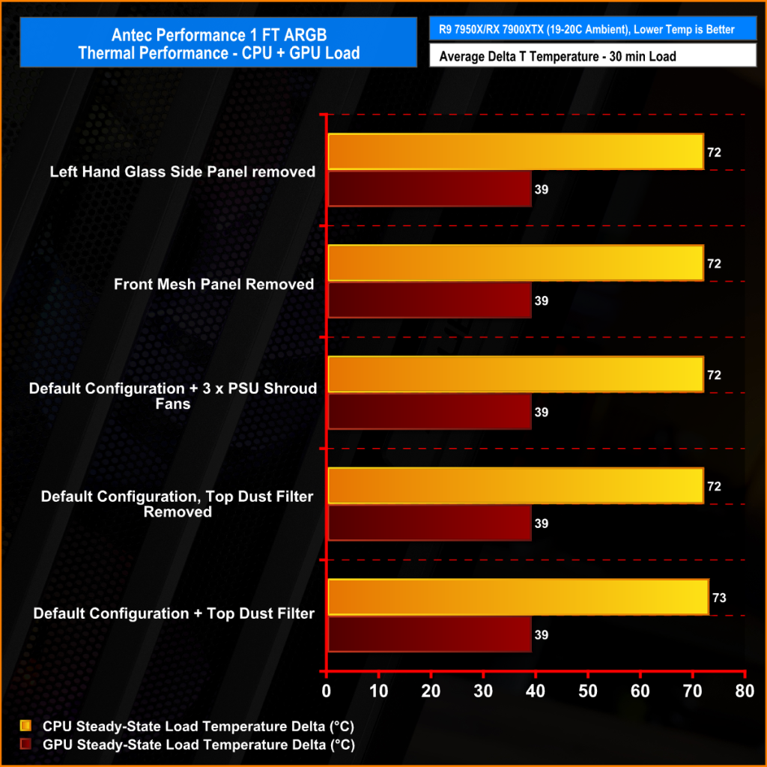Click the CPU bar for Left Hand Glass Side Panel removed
pyautogui.click(x=515, y=152)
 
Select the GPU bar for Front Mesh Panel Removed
pyautogui.click(x=429, y=300)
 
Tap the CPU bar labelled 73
pyautogui.click(x=518, y=597)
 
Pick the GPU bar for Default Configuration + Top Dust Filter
pyautogui.click(x=429, y=634)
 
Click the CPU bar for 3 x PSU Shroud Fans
pyautogui.click(x=515, y=375)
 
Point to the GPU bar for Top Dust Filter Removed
pyautogui.click(x=429, y=523)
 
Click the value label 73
pyautogui.click(x=720, y=598)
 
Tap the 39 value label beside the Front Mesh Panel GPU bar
pyautogui.click(x=542, y=301)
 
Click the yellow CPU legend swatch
pyautogui.click(x=26, y=726)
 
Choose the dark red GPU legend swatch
pyautogui.click(x=26, y=745)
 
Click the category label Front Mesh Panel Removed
pyautogui.click(x=213, y=285)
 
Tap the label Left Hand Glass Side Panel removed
pyautogui.click(x=182, y=172)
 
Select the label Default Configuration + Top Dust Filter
pyautogui.click(x=174, y=613)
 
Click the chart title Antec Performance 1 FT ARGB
pyautogui.click(x=219, y=35)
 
